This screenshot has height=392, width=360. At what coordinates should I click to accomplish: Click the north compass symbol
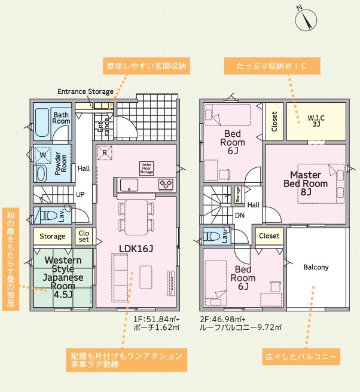(306, 20)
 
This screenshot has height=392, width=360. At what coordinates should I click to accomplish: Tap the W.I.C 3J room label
(316, 121)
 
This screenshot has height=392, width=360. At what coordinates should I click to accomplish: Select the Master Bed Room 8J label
(306, 183)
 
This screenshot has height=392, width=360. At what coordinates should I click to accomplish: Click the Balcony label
(316, 267)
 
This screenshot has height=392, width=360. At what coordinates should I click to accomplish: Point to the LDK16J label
(136, 248)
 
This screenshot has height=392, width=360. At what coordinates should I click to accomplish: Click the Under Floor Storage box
(147, 169)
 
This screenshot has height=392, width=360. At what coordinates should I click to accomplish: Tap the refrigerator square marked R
(105, 152)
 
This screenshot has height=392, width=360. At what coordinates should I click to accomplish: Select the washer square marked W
(43, 155)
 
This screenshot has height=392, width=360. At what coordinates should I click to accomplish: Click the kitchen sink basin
(129, 185)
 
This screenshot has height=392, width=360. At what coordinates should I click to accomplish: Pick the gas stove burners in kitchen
(166, 185)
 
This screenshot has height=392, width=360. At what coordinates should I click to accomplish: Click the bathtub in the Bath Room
(42, 122)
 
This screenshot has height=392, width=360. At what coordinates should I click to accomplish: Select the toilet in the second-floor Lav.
(213, 236)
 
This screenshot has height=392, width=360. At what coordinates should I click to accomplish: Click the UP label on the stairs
(80, 194)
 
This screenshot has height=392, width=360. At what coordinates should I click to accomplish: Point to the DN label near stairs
(240, 215)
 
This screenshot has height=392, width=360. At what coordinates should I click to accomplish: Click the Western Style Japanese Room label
(63, 277)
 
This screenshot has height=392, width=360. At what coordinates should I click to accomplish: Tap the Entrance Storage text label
(86, 91)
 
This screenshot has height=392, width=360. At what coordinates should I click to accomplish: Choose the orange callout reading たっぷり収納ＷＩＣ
(272, 66)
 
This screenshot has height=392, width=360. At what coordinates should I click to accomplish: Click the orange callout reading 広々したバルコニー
(301, 357)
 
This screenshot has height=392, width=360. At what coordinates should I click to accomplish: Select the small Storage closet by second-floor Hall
(237, 194)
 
